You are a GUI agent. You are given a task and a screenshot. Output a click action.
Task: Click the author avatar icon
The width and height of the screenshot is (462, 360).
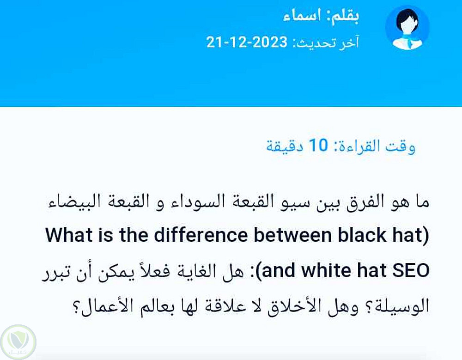407,28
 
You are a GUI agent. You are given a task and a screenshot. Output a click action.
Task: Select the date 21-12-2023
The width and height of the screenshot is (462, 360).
247,42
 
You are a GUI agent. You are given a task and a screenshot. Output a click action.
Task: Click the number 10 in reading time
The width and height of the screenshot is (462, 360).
318,145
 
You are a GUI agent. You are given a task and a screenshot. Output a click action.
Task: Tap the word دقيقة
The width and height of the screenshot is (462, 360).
285,146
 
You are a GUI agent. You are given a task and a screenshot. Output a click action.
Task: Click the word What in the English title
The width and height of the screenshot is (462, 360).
69,235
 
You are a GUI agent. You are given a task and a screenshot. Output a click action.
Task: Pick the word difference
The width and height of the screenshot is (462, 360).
201,235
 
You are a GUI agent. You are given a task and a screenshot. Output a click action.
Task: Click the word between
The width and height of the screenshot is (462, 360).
292,235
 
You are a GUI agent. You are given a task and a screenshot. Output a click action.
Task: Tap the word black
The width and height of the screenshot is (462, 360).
362,235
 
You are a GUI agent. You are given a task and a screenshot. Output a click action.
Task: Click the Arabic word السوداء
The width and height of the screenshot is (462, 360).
197,202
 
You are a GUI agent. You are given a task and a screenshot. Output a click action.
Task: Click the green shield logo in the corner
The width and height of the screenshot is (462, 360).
18,342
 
